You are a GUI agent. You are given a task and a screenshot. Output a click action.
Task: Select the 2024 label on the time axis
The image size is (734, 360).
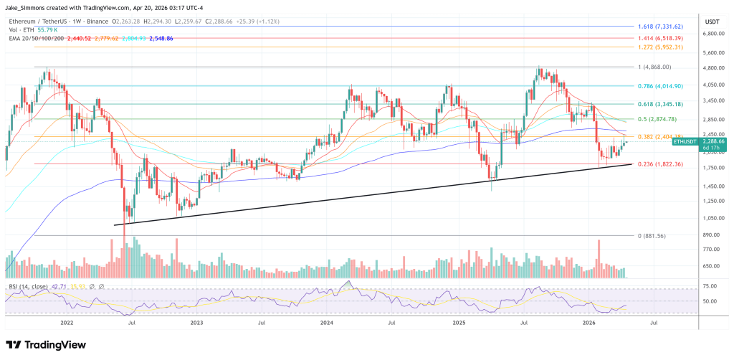point(327,323)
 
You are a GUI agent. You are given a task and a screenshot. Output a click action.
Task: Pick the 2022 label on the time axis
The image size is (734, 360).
point(67,323)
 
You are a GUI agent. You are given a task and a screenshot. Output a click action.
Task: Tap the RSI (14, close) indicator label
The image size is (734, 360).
point(29,286)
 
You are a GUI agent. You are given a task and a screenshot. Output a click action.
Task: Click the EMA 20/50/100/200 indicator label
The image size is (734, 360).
point(35,39)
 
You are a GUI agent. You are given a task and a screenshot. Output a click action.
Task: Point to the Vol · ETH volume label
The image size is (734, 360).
point(20,30)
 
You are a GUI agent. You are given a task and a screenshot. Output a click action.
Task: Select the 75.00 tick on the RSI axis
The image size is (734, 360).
point(710,286)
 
